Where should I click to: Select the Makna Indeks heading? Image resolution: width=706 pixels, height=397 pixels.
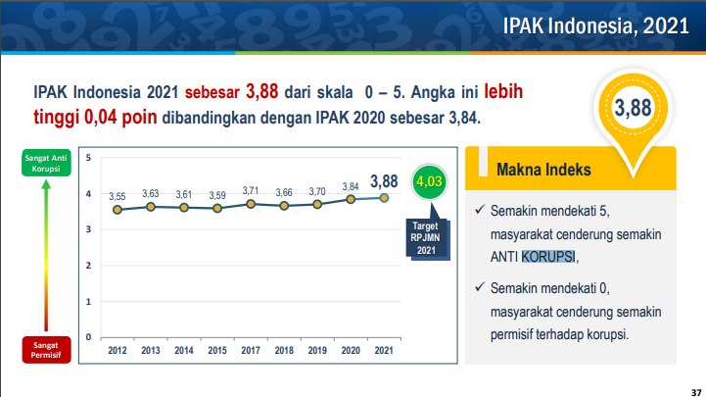point(543,170)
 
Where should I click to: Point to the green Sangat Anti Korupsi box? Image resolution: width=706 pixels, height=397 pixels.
point(40,163)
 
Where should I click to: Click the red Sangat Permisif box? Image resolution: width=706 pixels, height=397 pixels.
point(40,349)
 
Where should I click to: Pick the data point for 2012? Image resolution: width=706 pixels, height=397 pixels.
point(118,209)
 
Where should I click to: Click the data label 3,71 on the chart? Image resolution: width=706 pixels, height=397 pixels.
point(251,190)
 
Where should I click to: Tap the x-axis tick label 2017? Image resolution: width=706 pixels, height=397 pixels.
point(251,350)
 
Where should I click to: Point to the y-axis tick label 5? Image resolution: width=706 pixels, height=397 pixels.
point(89,158)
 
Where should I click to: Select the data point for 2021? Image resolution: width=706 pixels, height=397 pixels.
point(384,197)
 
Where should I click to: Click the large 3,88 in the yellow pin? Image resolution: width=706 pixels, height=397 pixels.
point(633,108)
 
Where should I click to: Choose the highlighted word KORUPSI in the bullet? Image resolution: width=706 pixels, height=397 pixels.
point(548,258)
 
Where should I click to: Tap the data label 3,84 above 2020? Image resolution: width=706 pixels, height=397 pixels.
point(351,186)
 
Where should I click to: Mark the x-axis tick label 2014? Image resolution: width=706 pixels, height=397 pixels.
point(184,350)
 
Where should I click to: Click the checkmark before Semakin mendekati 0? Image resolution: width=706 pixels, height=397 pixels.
point(478,287)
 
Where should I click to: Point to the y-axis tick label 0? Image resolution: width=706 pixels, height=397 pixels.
point(89,336)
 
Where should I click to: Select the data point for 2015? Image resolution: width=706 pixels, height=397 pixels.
point(217,208)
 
